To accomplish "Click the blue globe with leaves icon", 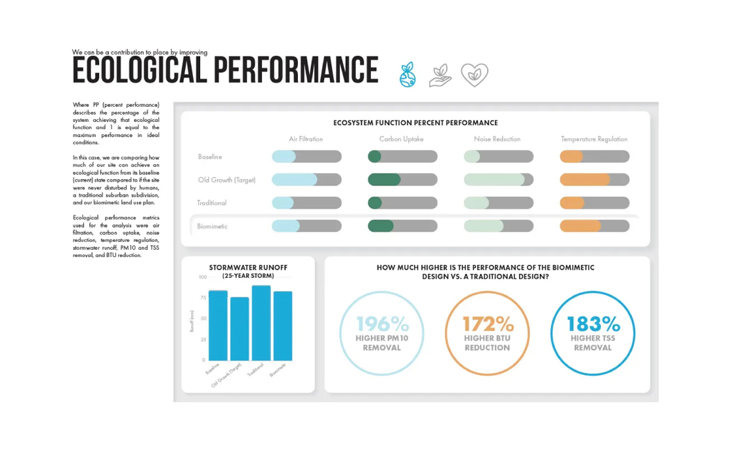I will tap(408, 75).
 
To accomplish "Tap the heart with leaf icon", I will tap(474, 75).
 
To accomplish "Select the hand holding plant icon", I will tap(440, 75).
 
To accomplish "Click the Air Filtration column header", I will tap(306, 139).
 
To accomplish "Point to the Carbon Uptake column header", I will tap(402, 139).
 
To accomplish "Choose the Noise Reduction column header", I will tap(497, 139).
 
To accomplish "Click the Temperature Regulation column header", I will tap(594, 139).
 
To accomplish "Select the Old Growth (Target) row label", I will tap(226, 180).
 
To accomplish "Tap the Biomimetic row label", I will tap(212, 226).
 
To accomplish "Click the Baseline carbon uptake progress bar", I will tap(402, 157).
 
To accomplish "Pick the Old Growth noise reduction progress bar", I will tap(498, 180).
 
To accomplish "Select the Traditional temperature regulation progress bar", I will tap(594, 203).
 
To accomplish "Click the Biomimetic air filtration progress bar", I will tap(306, 226).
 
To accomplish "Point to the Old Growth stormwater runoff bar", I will tap(240, 328).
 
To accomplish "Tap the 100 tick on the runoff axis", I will tap(202, 277).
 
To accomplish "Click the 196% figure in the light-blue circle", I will tap(382, 324).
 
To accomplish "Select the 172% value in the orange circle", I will tap(488, 324).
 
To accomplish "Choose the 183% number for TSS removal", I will tap(593, 324).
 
